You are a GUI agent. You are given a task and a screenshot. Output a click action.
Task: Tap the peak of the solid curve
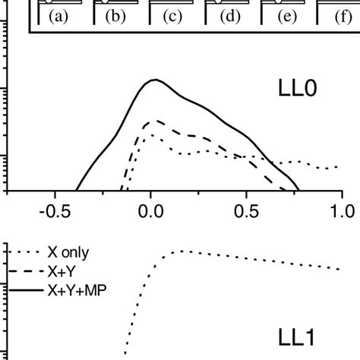155,79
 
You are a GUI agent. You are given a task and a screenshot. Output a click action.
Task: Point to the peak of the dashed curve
156,120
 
